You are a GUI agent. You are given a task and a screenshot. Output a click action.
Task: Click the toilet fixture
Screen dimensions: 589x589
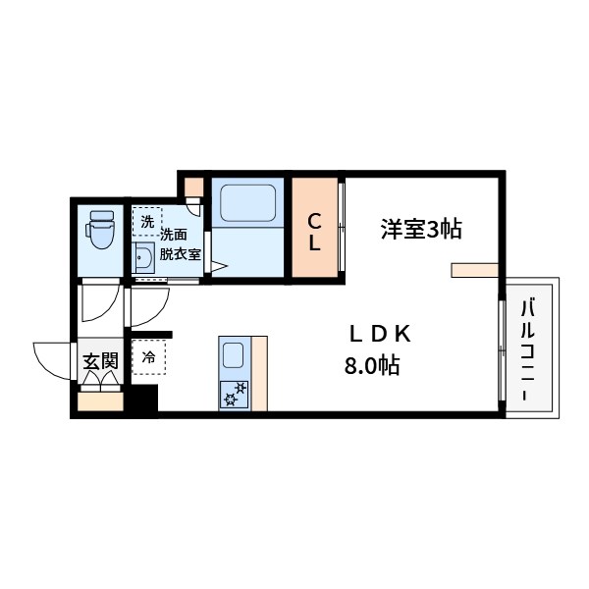click(100, 229)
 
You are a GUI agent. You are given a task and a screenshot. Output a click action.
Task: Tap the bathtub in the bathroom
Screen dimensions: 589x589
click(247, 206)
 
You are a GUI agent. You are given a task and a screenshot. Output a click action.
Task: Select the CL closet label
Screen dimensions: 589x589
click(315, 232)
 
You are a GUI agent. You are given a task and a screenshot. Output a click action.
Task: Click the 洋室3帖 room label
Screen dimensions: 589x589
click(421, 230)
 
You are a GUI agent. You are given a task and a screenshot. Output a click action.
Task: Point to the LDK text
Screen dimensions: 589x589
click(379, 334)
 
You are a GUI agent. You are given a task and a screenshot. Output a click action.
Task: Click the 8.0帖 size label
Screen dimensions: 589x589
click(371, 366)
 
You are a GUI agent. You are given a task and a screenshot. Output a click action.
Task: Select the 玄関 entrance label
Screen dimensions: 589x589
click(100, 361)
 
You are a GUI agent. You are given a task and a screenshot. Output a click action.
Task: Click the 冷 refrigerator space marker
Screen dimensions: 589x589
click(149, 357)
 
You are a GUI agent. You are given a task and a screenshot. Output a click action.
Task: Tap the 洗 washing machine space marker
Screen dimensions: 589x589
click(146, 221)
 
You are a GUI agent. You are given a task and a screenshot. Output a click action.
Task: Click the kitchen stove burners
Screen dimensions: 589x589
click(236, 394)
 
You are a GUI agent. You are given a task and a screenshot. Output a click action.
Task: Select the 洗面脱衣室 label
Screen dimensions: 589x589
click(181, 242)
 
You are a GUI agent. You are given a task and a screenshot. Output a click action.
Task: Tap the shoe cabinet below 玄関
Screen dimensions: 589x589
click(100, 401)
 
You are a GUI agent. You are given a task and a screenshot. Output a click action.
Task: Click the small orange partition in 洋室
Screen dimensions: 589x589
click(475, 269)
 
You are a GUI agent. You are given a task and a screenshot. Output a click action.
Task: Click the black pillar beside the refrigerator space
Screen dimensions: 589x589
click(144, 399)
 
